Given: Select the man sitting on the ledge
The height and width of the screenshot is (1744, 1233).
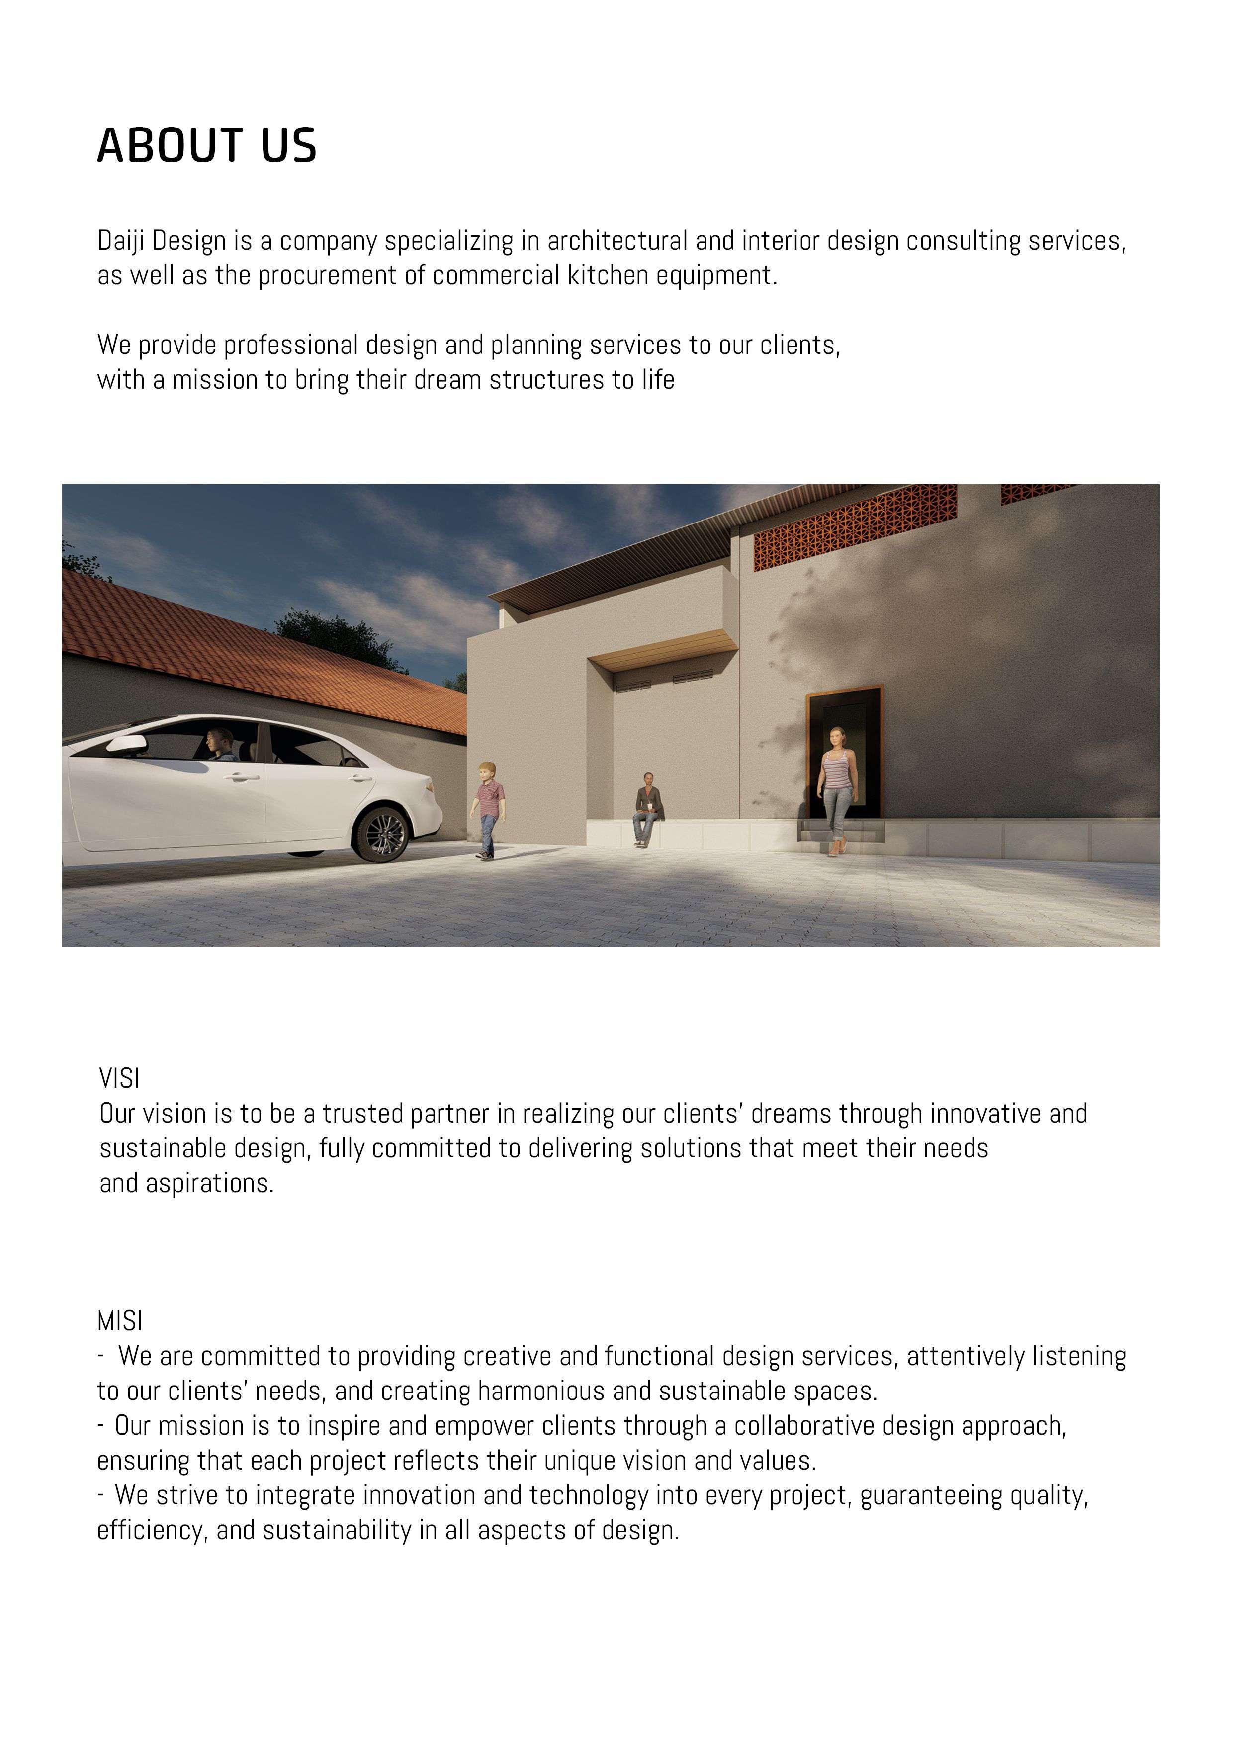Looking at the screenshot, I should click(646, 807).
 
